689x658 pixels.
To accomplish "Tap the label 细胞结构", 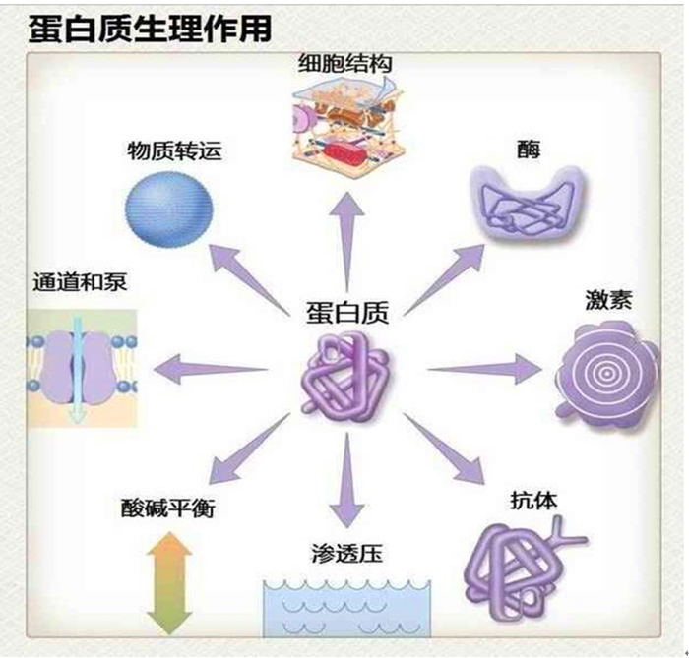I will (344, 64).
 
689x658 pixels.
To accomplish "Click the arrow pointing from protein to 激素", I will (482, 370).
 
